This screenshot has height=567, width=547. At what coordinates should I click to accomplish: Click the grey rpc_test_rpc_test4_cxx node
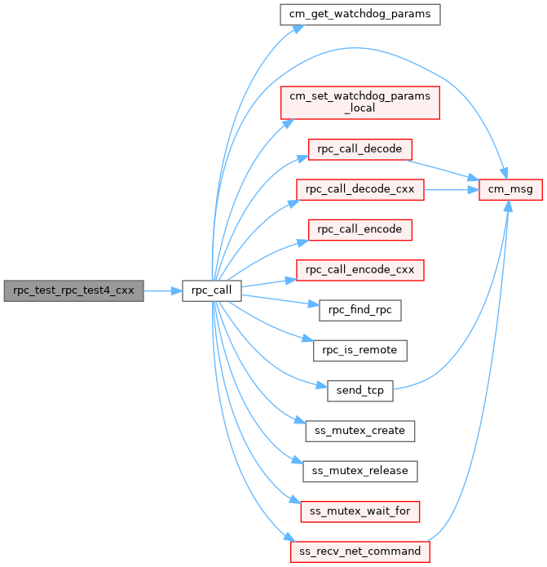[73, 290]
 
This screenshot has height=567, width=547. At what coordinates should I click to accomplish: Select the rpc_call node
[211, 290]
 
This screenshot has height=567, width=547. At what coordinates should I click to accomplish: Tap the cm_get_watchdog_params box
[360, 14]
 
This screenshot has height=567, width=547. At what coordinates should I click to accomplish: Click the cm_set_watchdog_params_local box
[360, 103]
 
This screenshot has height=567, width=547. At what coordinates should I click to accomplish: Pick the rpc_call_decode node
[360, 149]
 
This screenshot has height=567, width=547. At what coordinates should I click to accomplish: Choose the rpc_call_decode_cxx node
[360, 189]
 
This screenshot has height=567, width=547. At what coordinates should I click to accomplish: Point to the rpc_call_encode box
[360, 229]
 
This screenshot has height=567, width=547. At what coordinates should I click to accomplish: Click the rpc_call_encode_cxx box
[360, 269]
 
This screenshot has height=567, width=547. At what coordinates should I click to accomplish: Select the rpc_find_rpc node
[360, 309]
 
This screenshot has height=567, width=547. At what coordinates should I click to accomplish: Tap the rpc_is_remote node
[360, 350]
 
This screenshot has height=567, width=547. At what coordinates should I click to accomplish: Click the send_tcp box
[360, 390]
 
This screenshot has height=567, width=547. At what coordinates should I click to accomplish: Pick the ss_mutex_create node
[360, 430]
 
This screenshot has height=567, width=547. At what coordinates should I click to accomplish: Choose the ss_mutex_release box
[360, 471]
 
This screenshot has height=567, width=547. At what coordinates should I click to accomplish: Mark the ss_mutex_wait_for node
[360, 512]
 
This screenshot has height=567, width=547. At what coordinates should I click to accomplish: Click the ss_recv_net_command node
[360, 551]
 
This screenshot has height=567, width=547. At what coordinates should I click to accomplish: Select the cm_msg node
[511, 189]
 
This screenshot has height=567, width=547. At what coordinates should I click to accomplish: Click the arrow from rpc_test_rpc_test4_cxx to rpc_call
[162, 290]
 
